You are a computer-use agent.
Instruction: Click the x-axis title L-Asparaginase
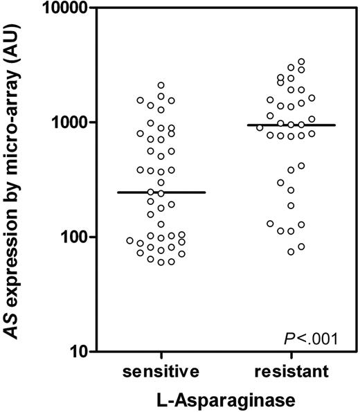point(223,399)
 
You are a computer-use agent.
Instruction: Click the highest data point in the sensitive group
point(161,85)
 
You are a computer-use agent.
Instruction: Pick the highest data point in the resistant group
point(300,62)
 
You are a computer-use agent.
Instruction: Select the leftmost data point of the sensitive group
point(129,240)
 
